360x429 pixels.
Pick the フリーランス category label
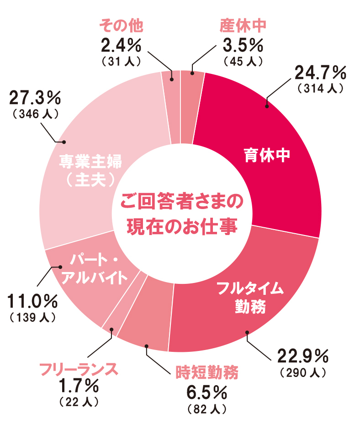[78, 368]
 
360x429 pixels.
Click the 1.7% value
[78, 386]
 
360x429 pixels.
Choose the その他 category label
[121, 26]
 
